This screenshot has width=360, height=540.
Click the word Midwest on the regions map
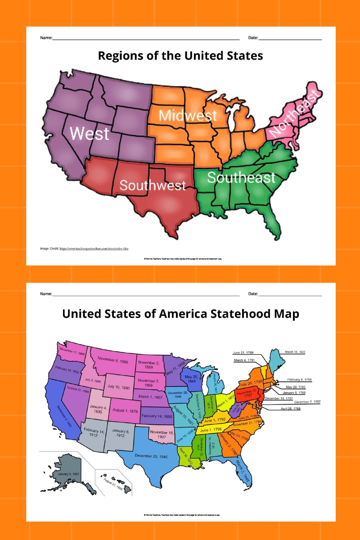pyautogui.click(x=188, y=116)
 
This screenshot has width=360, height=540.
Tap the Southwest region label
pyautogui.click(x=153, y=185)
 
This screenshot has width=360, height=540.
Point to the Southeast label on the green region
pyautogui.click(x=241, y=177)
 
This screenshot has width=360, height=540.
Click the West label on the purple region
pyautogui.click(x=89, y=134)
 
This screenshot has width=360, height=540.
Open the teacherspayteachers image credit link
pyautogui.click(x=94, y=248)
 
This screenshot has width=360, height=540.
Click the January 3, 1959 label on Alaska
pyautogui.click(x=68, y=474)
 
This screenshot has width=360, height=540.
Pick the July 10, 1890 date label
pyautogui.click(x=118, y=387)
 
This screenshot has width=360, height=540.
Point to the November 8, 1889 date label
pyautogui.click(x=113, y=360)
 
